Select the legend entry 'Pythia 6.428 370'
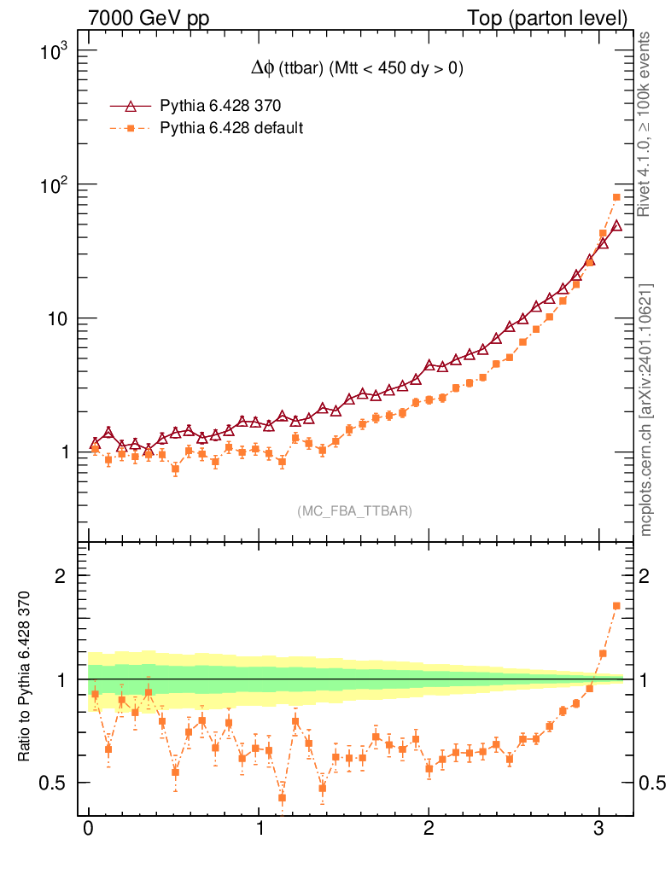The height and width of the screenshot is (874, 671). pyautogui.click(x=220, y=107)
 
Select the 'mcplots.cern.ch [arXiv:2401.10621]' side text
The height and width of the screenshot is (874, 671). pyautogui.click(x=645, y=410)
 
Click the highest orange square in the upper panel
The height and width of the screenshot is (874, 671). pyautogui.click(x=616, y=197)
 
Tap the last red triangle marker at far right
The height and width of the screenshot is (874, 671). pyautogui.click(x=616, y=225)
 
